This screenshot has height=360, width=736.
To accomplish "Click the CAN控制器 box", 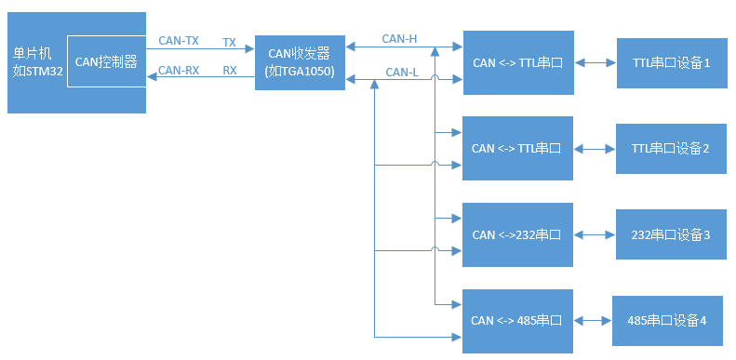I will click(x=106, y=62).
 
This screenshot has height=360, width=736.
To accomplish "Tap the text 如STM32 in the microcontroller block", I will click(x=38, y=71).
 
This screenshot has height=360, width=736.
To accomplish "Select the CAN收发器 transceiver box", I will click(x=300, y=62).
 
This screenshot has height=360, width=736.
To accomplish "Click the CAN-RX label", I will click(x=178, y=70).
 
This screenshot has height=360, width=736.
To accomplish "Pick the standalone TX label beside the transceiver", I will click(x=229, y=43).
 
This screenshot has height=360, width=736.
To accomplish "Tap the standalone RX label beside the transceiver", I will click(x=229, y=70).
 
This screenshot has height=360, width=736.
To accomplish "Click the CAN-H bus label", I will click(x=399, y=39).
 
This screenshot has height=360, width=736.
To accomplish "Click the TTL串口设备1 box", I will click(x=671, y=63).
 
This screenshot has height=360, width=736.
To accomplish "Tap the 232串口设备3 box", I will click(x=670, y=234).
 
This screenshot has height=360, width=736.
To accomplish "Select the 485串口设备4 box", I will click(x=666, y=321).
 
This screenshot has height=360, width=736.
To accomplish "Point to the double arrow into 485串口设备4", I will click(x=593, y=321).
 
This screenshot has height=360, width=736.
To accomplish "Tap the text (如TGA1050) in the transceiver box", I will click(x=300, y=72).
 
